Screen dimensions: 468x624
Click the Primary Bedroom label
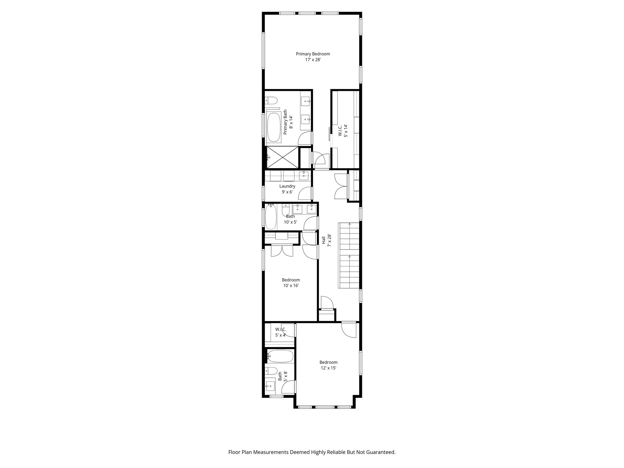pyautogui.click(x=313, y=54)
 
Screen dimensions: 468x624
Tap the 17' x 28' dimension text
pyautogui.click(x=313, y=60)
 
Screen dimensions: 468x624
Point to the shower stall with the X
pyautogui.click(x=283, y=157)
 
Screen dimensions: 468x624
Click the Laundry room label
pyautogui.click(x=287, y=186)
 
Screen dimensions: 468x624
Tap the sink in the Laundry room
pyautogui.click(x=304, y=175)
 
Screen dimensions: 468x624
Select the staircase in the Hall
pyautogui.click(x=349, y=255)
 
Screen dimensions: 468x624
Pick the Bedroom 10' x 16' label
pyautogui.click(x=291, y=283)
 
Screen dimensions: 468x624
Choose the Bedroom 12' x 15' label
pyautogui.click(x=328, y=365)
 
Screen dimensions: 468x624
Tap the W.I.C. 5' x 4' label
pyautogui.click(x=281, y=332)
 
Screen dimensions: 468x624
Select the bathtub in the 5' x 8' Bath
pyautogui.click(x=280, y=356)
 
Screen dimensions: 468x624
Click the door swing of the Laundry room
pyautogui.click(x=305, y=194)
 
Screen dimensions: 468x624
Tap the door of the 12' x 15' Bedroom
pyautogui.click(x=349, y=330)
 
